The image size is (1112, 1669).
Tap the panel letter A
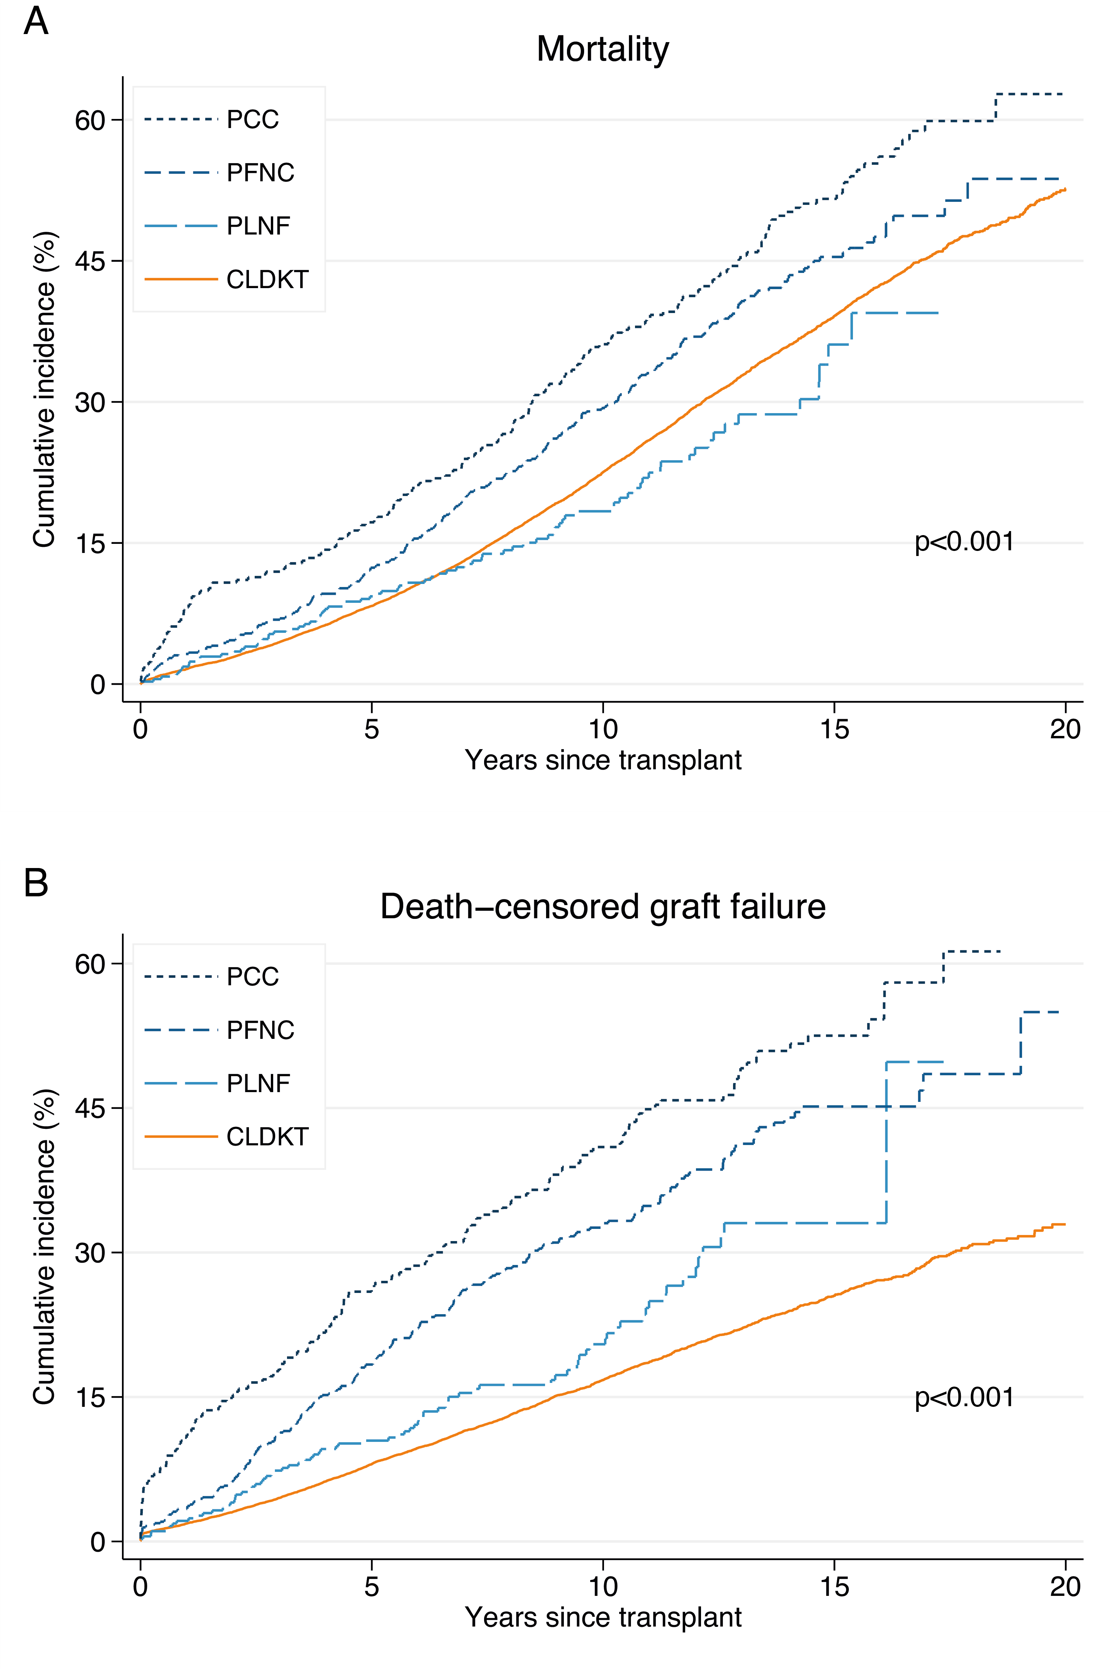point(35,21)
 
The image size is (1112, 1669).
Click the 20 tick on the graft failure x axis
point(1065,1586)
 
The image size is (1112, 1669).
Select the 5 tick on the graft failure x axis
point(372,1586)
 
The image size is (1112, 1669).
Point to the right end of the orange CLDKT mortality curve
point(1064,189)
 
